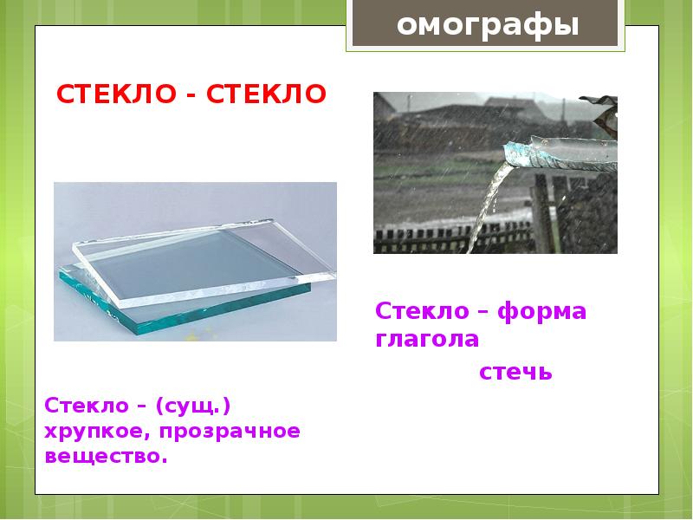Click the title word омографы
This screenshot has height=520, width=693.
(488, 25)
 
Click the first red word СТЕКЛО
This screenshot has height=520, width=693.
(115, 93)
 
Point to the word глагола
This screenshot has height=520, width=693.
(426, 339)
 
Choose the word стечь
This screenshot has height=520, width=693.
(515, 373)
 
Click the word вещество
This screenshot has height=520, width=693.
(105, 455)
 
